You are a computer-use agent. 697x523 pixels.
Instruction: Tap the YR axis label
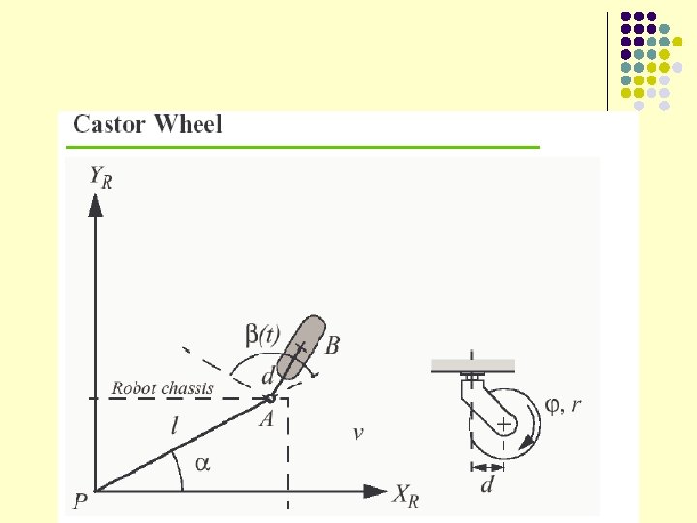pyautogui.click(x=100, y=177)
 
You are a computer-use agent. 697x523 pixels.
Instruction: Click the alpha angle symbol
pyautogui.click(x=201, y=464)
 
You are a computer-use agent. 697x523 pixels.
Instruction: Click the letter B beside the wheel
pyautogui.click(x=332, y=346)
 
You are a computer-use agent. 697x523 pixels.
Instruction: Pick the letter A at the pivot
pyautogui.click(x=264, y=418)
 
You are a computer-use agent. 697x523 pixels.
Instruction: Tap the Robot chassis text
pyautogui.click(x=163, y=388)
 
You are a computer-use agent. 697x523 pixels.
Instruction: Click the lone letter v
pyautogui.click(x=358, y=433)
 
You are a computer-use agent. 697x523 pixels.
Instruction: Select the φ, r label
pyautogui.click(x=563, y=406)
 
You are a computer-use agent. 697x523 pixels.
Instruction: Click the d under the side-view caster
pyautogui.click(x=487, y=483)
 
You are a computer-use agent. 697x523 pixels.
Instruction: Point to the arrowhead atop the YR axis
pyautogui.click(x=95, y=204)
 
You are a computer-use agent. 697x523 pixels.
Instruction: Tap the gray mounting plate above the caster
pyautogui.click(x=472, y=365)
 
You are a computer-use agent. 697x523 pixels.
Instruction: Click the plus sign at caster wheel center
pyautogui.click(x=504, y=425)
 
